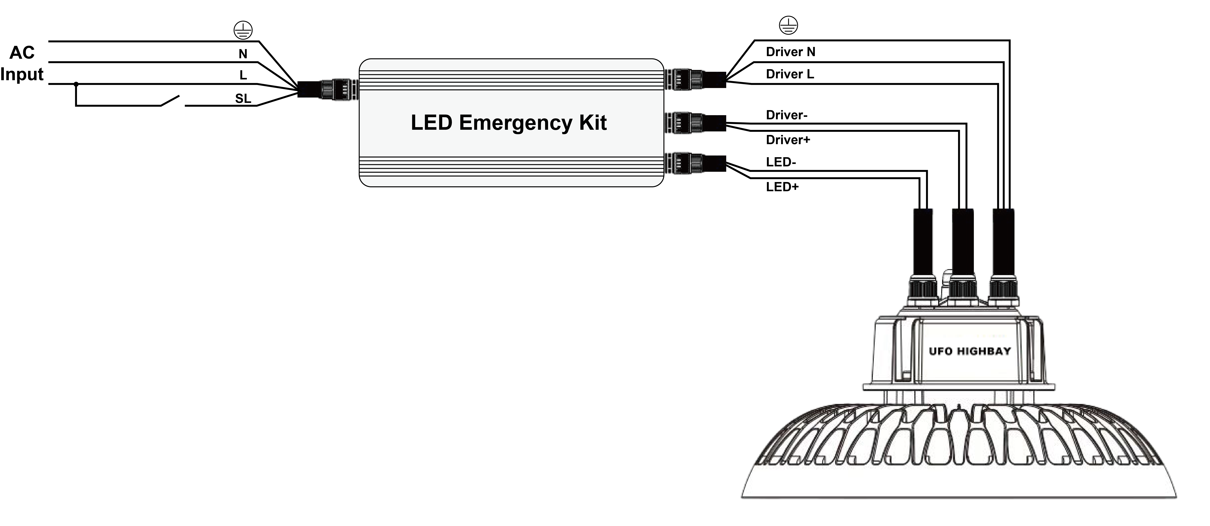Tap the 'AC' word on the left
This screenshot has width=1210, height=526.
(x=22, y=53)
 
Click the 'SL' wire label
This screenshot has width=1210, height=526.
(x=243, y=99)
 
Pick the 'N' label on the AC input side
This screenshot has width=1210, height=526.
(x=243, y=54)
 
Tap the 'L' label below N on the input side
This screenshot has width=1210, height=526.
(x=243, y=75)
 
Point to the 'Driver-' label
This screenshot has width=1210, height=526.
(x=786, y=115)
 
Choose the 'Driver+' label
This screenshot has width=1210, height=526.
(x=788, y=140)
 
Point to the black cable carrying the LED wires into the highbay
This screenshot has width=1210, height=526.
(x=922, y=242)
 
